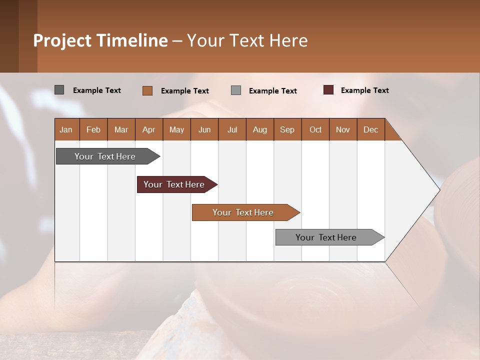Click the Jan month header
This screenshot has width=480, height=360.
click(66, 129)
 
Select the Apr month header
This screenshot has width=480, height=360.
click(148, 129)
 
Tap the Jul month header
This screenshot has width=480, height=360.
click(232, 129)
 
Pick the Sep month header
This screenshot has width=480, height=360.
click(287, 129)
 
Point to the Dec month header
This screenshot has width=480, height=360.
click(370, 129)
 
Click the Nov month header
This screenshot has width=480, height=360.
click(342, 129)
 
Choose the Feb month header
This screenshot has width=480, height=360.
click(93, 129)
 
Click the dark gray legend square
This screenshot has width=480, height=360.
click(59, 90)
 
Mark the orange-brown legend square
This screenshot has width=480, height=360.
click(147, 90)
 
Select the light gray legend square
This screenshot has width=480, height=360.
click(236, 90)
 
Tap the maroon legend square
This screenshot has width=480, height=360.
click(328, 90)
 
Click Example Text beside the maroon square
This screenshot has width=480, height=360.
click(364, 90)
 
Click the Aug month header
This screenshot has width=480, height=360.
click(259, 129)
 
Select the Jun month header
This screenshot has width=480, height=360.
click(204, 129)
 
